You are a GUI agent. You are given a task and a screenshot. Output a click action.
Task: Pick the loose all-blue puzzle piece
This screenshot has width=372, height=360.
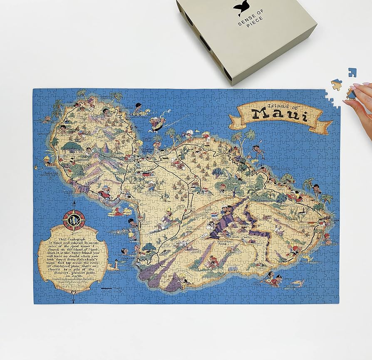click(352, 73)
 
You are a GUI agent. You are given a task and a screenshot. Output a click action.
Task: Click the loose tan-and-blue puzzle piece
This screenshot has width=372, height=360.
click(337, 85)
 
